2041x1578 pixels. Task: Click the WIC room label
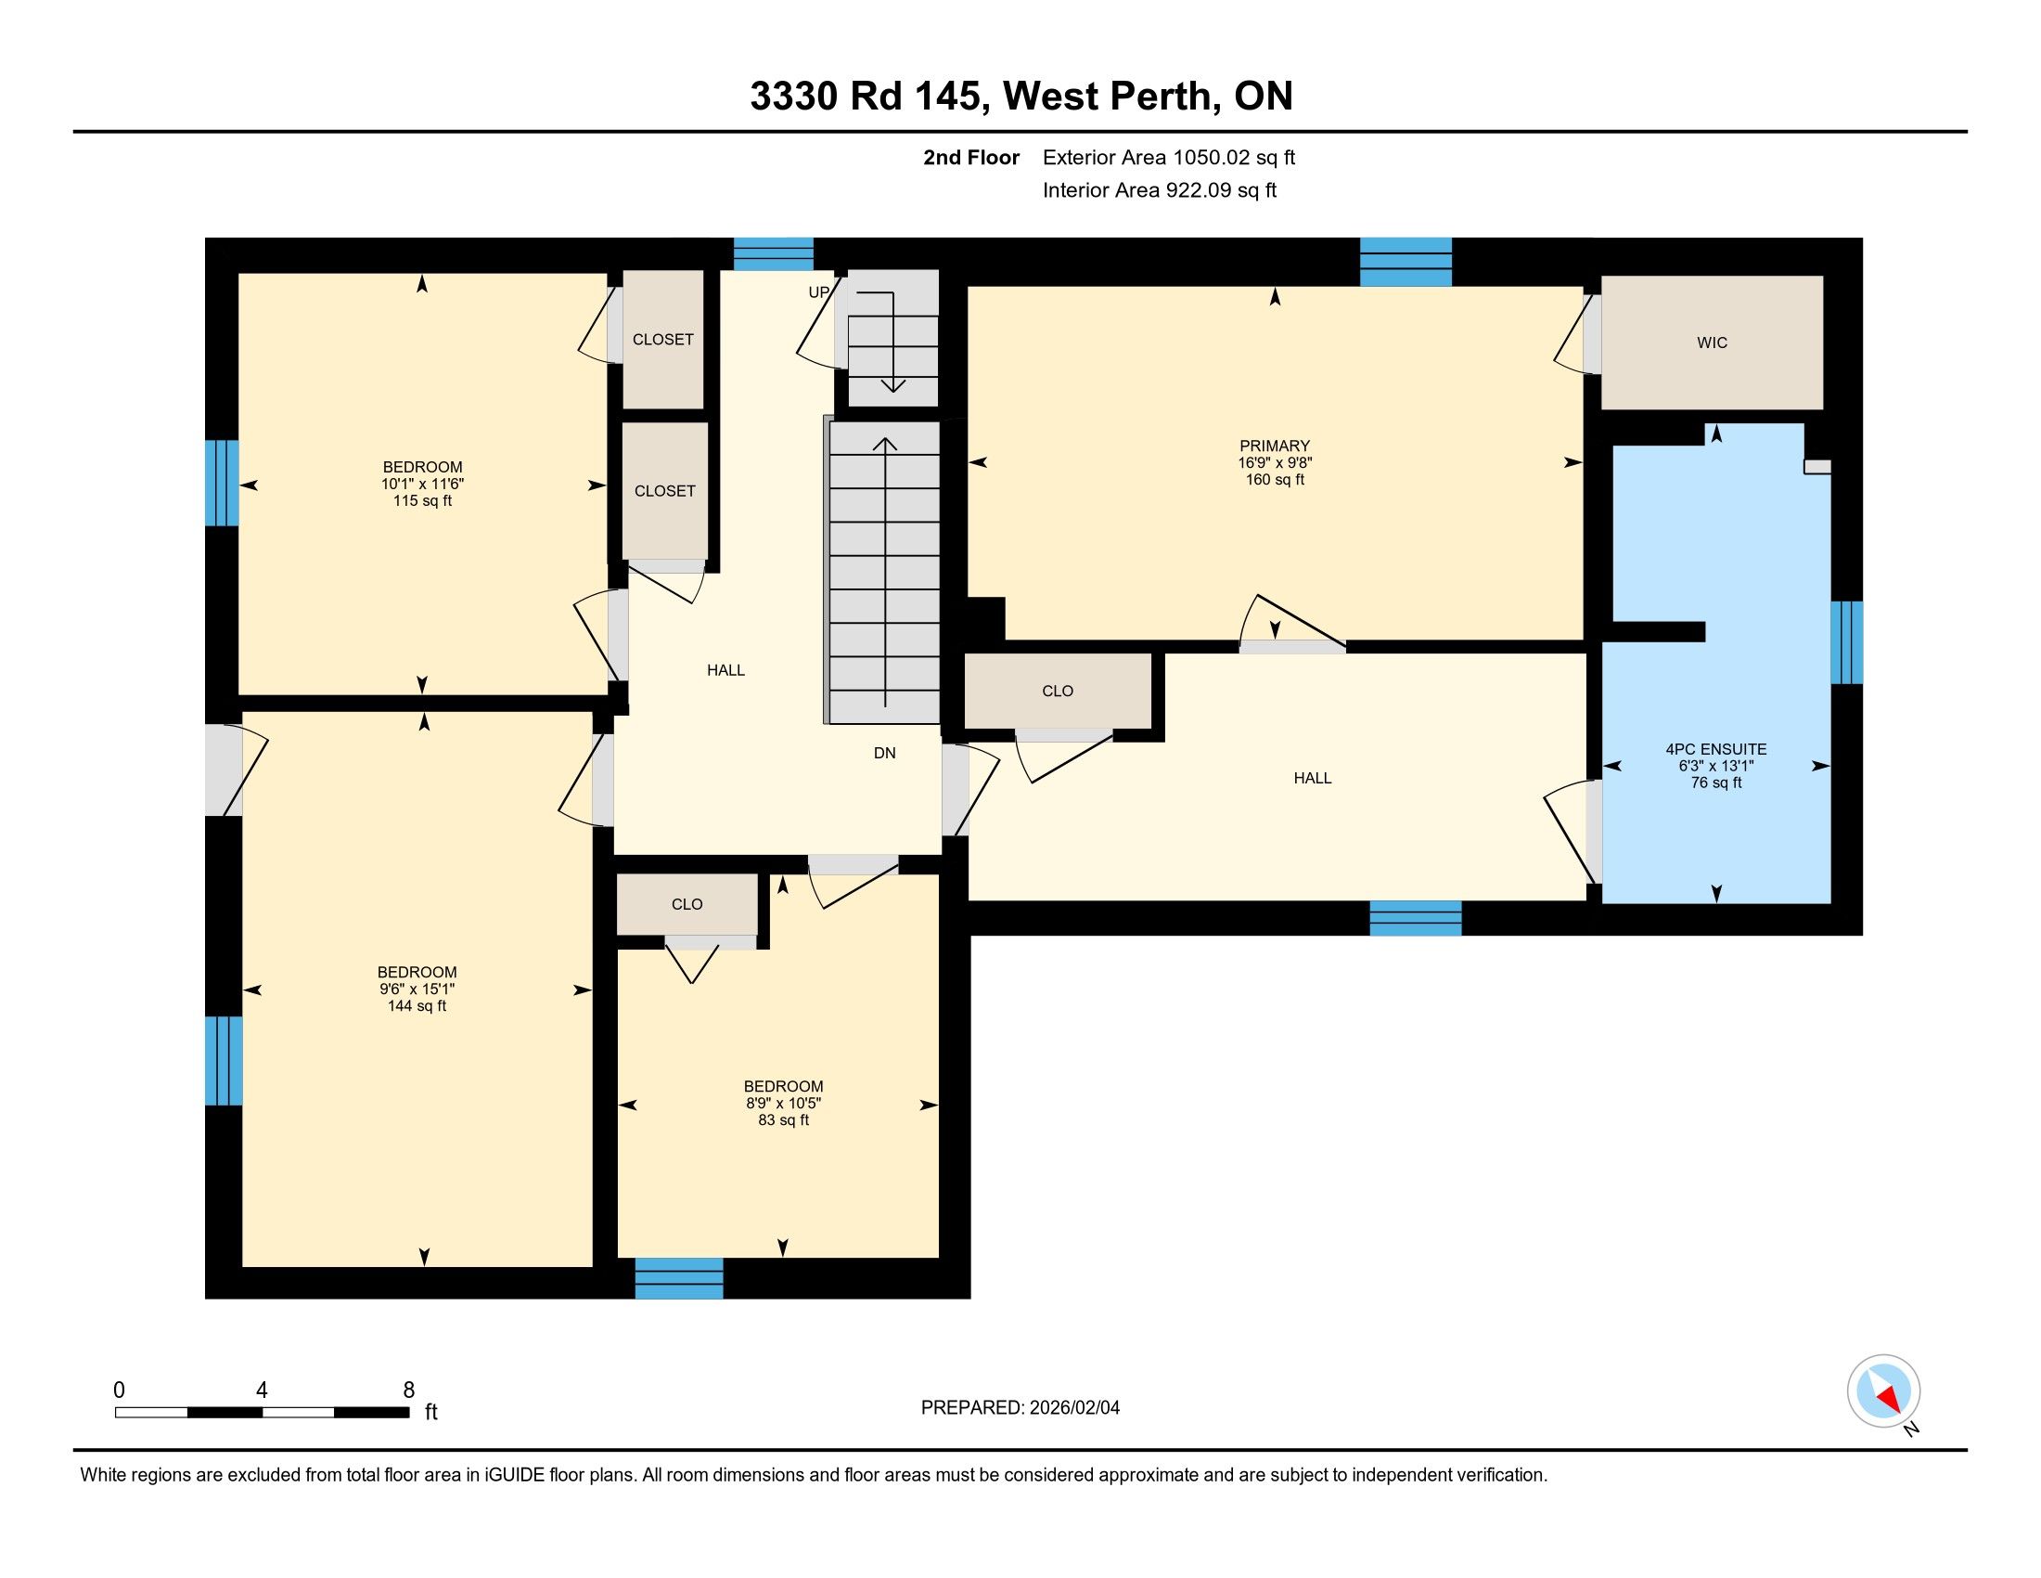[x=1712, y=343]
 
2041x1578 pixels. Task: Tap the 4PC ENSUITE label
[x=1715, y=749]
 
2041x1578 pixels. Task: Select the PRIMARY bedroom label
[x=1275, y=446]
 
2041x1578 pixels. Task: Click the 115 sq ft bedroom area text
[x=422, y=501]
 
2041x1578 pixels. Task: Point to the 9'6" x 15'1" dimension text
[x=417, y=989]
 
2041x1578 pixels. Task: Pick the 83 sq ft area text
[x=783, y=1120]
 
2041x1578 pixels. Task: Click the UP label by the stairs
[x=818, y=292]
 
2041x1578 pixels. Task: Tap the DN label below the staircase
[x=884, y=753]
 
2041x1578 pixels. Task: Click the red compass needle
[x=1890, y=1399]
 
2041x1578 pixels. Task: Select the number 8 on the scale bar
[x=408, y=1390]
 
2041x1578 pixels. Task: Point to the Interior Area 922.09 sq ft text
[x=1160, y=190]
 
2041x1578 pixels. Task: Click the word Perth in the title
[x=1162, y=97]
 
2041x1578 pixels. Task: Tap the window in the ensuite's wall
[x=1846, y=642]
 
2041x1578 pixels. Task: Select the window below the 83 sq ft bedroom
[x=679, y=1278]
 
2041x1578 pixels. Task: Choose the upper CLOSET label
[x=662, y=340]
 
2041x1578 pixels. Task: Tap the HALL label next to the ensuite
[x=1312, y=778]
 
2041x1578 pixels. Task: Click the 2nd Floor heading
[x=971, y=158]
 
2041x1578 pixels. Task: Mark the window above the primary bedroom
[x=1406, y=262]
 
